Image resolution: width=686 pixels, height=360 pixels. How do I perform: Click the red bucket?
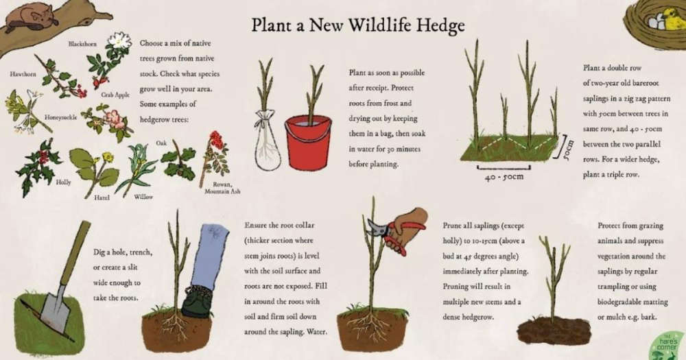[308, 142]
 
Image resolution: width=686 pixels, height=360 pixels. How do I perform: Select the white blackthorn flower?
[119, 40]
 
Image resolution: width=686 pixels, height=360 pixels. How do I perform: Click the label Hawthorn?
[23, 74]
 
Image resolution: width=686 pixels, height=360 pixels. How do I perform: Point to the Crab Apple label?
[115, 95]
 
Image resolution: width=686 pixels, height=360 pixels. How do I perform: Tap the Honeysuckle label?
[60, 117]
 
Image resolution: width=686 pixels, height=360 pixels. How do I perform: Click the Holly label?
[63, 182]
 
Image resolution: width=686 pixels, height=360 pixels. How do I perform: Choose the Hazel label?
[102, 197]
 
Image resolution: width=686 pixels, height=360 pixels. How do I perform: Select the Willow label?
[143, 197]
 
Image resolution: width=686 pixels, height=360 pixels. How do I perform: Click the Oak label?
[161, 143]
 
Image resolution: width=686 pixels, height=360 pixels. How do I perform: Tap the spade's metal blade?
[55, 311]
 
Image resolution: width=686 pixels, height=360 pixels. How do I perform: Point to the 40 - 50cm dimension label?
[504, 177]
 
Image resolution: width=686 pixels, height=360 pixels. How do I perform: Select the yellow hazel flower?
[107, 157]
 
